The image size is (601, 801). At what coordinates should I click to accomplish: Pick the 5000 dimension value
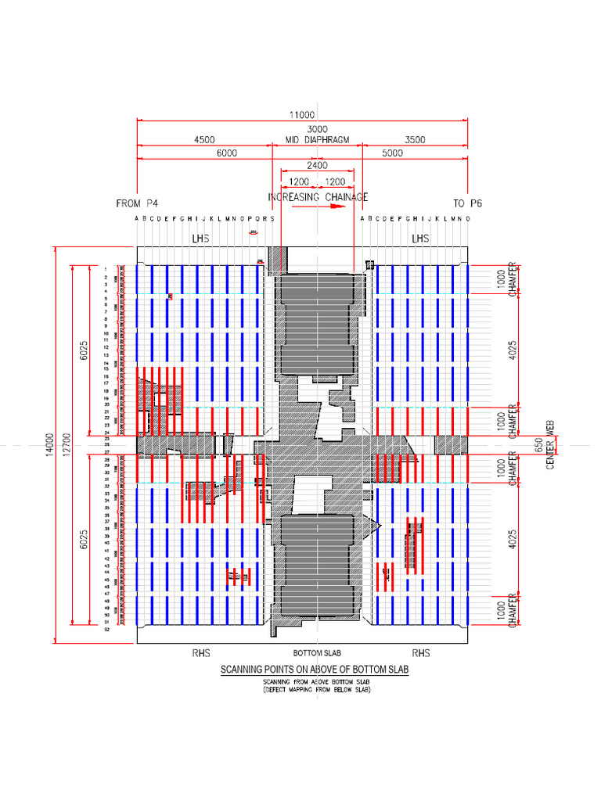392,153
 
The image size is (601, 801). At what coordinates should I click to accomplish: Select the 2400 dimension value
317,166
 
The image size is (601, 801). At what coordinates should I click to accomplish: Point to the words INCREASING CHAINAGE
317,197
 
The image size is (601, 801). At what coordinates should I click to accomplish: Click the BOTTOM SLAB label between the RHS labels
316,652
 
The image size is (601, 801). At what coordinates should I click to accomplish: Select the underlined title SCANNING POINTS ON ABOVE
315,670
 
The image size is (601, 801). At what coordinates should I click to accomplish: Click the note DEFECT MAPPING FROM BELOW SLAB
316,689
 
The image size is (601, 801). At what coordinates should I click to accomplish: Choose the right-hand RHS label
421,652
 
